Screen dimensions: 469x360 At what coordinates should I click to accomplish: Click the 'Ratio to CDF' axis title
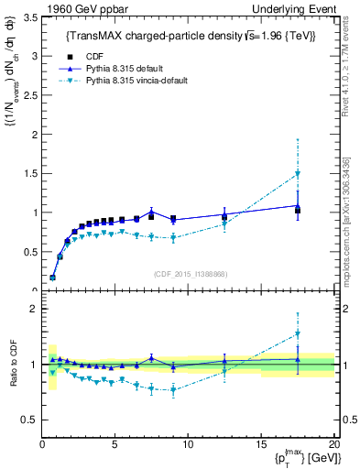[x=11, y=365]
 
